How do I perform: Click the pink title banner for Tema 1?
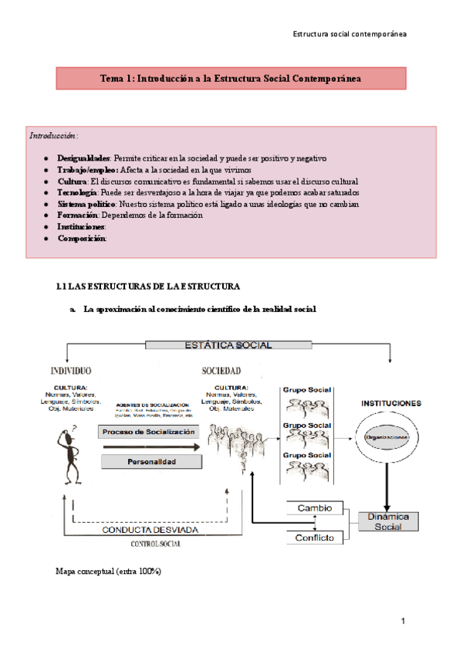(x=231, y=79)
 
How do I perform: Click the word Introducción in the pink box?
(x=53, y=136)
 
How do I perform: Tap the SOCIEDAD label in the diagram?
(x=221, y=371)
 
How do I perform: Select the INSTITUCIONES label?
(x=390, y=403)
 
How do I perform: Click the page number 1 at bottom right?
(x=403, y=621)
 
